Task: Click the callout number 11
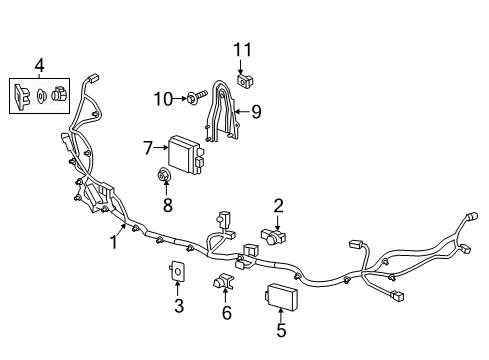(x=242, y=50)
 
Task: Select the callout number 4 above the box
(x=39, y=65)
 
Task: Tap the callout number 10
(x=163, y=99)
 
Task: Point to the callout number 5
(x=281, y=330)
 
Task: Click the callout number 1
(x=114, y=242)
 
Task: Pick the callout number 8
(x=168, y=204)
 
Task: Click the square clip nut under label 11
(x=244, y=81)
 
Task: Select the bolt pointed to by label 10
(x=198, y=96)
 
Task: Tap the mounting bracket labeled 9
(x=221, y=112)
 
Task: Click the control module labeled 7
(x=186, y=155)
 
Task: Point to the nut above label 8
(x=164, y=175)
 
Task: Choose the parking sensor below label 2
(x=273, y=236)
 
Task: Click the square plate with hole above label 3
(x=177, y=271)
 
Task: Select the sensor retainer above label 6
(x=223, y=281)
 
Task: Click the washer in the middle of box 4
(x=41, y=96)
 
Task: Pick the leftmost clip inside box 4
(x=21, y=96)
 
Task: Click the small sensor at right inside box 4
(x=59, y=93)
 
